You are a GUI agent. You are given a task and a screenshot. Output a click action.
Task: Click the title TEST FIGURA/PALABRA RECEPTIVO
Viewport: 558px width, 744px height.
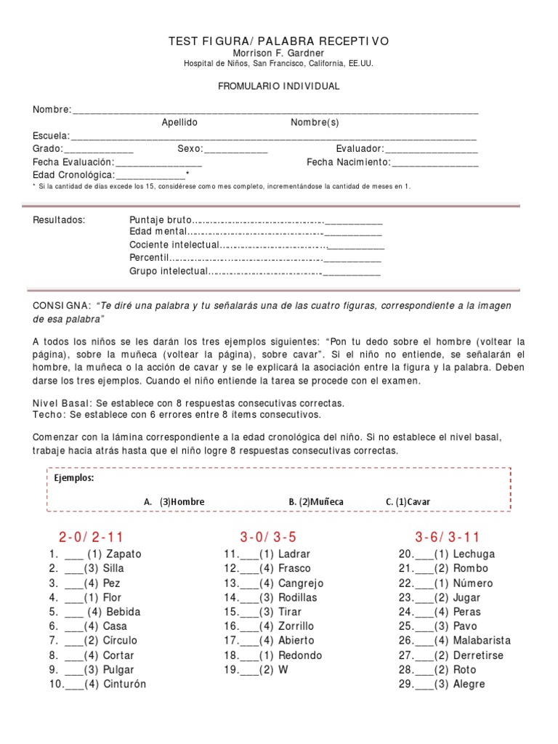(279, 41)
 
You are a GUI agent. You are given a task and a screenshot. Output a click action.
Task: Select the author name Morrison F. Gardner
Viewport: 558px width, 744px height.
(279, 53)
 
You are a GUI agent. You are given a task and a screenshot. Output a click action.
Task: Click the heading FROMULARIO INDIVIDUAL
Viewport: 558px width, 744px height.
(279, 86)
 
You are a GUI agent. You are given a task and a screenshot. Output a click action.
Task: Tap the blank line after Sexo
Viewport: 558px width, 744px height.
(236, 150)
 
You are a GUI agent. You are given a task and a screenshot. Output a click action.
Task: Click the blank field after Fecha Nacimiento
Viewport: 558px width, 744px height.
(435, 163)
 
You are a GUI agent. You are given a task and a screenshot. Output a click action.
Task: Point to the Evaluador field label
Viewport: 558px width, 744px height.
(360, 149)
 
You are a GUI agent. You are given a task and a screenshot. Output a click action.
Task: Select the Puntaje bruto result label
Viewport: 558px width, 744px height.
(161, 220)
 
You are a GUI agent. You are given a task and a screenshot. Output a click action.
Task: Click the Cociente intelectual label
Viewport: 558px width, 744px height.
(174, 245)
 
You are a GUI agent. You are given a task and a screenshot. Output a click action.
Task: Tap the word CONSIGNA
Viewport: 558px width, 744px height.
(60, 306)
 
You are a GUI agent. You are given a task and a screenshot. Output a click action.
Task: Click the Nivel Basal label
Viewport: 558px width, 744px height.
(62, 403)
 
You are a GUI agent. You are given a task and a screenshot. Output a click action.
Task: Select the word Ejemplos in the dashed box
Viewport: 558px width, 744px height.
(73, 478)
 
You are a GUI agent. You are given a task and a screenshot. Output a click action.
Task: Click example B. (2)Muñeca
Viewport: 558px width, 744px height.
(316, 502)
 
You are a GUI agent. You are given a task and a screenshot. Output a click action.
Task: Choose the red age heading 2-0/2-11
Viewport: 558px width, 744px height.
(92, 538)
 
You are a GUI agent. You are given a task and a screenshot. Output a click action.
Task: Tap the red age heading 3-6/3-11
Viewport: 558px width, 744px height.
(448, 538)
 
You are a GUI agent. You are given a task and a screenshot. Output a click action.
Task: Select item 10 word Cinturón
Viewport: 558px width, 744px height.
(124, 684)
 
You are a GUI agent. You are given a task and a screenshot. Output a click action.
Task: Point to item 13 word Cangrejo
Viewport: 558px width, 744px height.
(301, 583)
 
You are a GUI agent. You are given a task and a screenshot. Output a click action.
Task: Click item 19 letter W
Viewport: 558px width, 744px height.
(283, 670)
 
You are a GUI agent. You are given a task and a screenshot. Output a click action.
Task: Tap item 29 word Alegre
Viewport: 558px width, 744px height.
(469, 684)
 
